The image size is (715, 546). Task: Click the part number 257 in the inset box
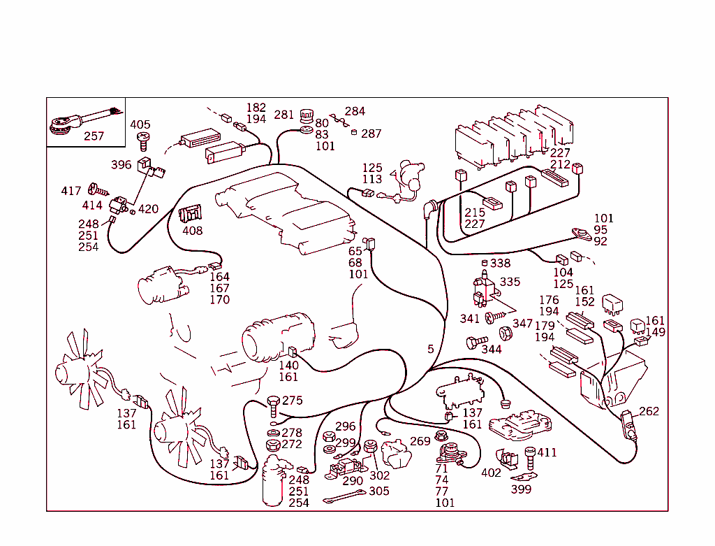point(94,136)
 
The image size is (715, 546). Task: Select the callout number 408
point(193,231)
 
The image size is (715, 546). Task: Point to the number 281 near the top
point(284,115)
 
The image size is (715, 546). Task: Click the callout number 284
point(355,111)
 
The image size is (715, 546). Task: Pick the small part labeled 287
point(354,132)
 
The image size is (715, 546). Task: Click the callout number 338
point(500,264)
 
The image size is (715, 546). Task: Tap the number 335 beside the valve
point(510,282)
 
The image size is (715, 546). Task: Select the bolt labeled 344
point(473,343)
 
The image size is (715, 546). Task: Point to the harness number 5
point(431,349)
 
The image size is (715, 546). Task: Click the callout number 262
point(649,411)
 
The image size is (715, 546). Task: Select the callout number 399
point(521,489)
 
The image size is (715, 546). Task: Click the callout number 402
point(491,473)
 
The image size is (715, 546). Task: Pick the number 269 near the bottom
point(420,441)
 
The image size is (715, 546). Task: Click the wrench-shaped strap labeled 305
point(344,498)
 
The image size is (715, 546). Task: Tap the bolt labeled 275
point(273,404)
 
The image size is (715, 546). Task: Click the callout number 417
point(71,191)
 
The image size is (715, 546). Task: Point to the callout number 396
point(121,165)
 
